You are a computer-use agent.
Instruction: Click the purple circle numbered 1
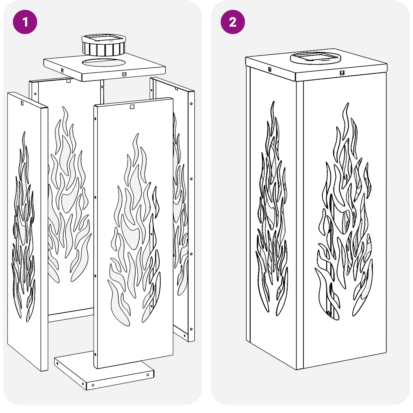(25, 22)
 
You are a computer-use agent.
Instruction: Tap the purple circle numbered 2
(233, 22)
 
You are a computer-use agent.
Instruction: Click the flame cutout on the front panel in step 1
(134, 230)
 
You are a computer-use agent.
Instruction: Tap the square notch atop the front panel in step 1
(132, 107)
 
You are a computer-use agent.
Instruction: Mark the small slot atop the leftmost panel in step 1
(22, 103)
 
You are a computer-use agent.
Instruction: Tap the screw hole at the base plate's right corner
(148, 375)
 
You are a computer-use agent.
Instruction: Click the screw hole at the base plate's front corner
(93, 385)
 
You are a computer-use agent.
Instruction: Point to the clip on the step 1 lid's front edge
(124, 74)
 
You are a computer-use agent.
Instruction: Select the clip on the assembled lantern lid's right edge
(342, 73)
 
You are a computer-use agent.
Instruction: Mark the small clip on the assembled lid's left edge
(270, 69)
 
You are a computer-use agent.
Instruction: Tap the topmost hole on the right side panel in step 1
(191, 104)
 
